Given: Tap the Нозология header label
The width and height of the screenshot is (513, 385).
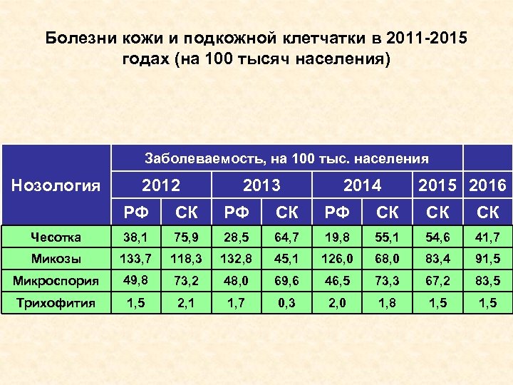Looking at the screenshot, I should tap(57, 186).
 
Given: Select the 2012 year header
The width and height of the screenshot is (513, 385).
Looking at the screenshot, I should tap(161, 186).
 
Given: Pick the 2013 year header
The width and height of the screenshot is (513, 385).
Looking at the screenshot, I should tap(261, 186).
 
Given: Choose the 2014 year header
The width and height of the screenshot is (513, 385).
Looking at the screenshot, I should tap(363, 186).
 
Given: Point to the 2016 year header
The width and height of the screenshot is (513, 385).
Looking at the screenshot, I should tap(488, 186).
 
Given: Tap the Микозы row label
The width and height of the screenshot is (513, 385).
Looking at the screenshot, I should tap(56, 257).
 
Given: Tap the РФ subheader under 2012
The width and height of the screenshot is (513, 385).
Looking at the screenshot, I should tap(135, 212).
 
